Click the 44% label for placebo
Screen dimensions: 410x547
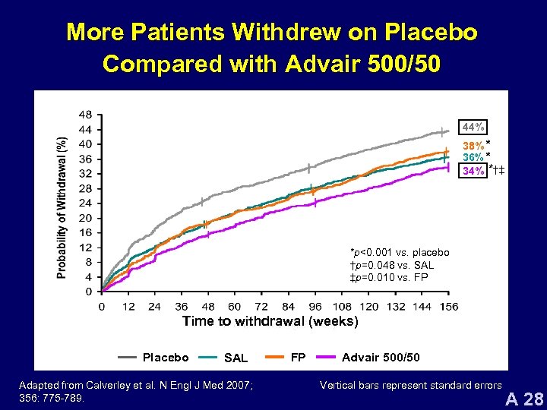[x=474, y=126]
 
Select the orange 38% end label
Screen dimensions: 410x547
[x=474, y=145]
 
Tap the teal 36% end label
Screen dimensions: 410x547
[x=474, y=157]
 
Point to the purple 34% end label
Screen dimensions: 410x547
[x=474, y=170]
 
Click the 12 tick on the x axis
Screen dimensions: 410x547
[x=129, y=306]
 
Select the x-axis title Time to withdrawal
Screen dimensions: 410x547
[x=270, y=321]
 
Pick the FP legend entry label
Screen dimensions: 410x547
[x=299, y=357]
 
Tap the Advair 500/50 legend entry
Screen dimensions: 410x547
[x=381, y=357]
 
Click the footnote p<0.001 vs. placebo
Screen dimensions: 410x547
[x=399, y=252]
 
